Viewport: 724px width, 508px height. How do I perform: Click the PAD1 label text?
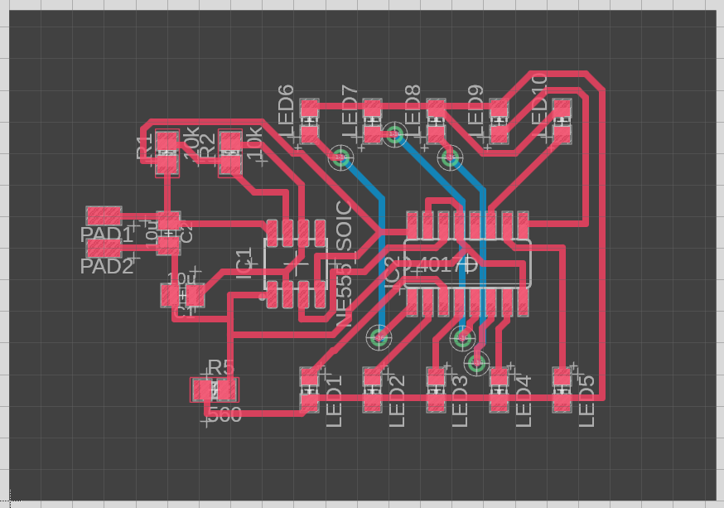click(x=106, y=235)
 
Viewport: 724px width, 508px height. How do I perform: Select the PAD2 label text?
click(x=106, y=267)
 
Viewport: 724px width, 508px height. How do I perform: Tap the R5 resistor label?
click(x=221, y=368)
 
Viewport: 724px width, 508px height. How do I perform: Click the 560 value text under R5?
click(x=224, y=415)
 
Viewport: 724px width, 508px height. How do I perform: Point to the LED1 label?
click(x=334, y=401)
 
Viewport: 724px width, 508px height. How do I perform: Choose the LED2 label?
click(x=397, y=401)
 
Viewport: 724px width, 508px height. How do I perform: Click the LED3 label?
click(x=461, y=401)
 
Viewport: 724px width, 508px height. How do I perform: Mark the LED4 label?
click(x=524, y=401)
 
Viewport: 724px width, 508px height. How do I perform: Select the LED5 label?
click(x=586, y=401)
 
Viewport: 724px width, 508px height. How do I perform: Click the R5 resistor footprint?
click(x=214, y=389)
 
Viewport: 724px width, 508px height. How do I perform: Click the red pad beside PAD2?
click(x=104, y=248)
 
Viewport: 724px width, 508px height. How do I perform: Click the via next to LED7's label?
click(x=341, y=156)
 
